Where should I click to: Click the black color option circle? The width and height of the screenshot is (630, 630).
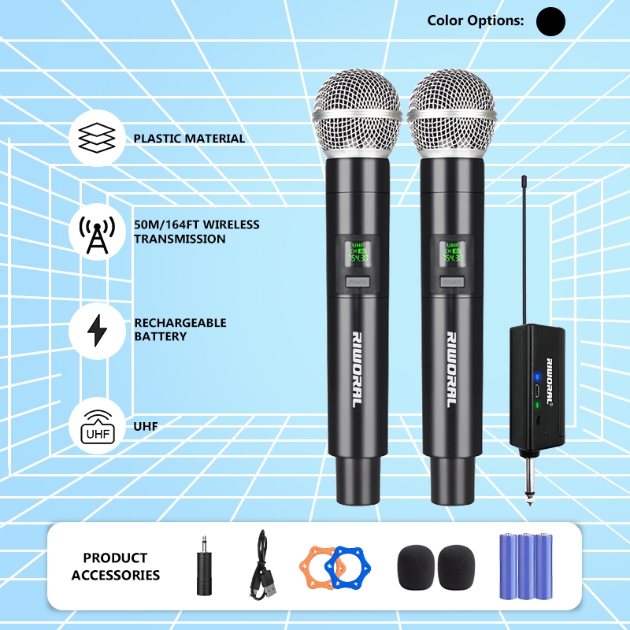click(550, 21)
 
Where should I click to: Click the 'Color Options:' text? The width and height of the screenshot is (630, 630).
click(475, 21)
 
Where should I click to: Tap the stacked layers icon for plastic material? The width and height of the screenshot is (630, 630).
click(97, 138)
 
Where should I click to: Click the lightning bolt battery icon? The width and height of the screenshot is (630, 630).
click(97, 330)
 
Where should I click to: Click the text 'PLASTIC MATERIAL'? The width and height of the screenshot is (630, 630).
click(189, 139)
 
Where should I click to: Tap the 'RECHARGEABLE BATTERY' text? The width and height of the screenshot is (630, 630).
click(180, 330)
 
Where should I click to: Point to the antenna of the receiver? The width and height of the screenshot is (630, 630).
click(524, 252)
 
